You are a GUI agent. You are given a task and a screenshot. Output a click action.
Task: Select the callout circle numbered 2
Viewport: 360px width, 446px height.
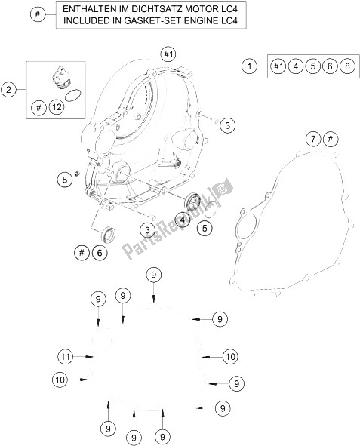(x=8, y=90)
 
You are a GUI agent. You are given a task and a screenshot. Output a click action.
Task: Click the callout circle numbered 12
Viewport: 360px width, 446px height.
(x=57, y=107)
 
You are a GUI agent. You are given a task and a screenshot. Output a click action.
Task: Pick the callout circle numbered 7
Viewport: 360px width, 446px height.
(x=313, y=139)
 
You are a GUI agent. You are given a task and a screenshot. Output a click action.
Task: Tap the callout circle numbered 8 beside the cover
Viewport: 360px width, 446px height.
(x=65, y=180)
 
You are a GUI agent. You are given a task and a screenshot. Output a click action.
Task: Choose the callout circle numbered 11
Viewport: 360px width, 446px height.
(x=66, y=356)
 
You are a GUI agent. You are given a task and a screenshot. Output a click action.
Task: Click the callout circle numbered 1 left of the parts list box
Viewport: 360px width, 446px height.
(x=249, y=66)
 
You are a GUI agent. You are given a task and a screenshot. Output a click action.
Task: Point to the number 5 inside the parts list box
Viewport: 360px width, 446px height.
(x=312, y=66)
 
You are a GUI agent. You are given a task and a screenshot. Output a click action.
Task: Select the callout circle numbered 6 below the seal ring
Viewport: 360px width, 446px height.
(x=99, y=253)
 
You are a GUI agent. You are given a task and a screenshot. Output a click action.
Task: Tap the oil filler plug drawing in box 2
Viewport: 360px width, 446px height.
(x=60, y=78)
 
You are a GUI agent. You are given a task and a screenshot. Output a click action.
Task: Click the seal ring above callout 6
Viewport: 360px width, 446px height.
(x=109, y=235)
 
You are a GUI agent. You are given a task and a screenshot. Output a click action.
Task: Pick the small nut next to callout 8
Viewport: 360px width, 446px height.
(x=76, y=174)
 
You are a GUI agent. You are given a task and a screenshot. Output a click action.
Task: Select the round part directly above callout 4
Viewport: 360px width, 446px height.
(x=193, y=201)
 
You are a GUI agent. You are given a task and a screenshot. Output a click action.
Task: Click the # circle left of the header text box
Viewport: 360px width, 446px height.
(x=38, y=14)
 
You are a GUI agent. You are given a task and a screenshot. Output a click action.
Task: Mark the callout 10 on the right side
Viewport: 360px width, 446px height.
(x=230, y=356)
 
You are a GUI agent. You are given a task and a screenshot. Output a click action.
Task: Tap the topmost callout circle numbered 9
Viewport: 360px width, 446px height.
(x=153, y=275)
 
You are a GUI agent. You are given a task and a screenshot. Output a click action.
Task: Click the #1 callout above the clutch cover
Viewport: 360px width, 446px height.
(x=168, y=54)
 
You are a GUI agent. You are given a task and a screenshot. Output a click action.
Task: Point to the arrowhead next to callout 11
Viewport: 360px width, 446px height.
(x=90, y=356)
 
